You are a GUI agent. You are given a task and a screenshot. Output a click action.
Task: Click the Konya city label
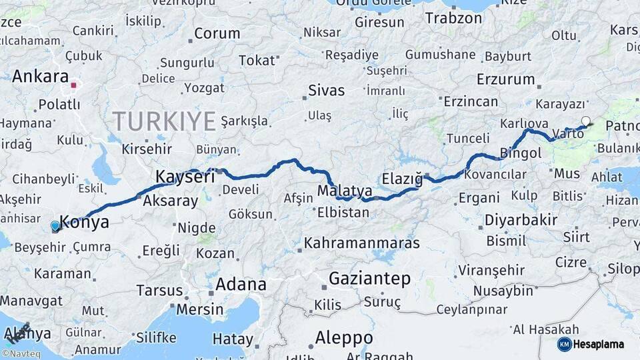pos(85,223)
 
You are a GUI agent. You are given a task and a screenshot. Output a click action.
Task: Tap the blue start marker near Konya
pos(55,226)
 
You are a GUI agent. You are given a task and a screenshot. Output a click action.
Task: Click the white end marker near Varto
pos(585,121)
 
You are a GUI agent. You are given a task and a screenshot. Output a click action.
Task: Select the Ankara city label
pos(41,76)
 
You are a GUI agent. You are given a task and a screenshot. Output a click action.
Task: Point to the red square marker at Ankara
pos(73,85)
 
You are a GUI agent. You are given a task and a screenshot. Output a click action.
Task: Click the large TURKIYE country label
pos(164,121)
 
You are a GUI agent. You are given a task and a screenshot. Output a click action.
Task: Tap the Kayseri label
pos(185,177)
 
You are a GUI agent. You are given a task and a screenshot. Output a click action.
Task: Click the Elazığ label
pos(403,179)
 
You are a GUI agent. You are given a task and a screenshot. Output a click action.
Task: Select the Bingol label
pos(521,153)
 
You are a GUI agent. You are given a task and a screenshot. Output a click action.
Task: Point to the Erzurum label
pos(506,79)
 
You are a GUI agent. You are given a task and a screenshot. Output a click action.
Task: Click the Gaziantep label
pos(369,279)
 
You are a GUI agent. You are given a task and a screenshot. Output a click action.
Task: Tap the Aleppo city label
pos(344,337)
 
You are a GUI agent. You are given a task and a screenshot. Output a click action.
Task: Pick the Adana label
pos(240,285)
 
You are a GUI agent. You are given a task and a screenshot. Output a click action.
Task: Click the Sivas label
pos(327,91)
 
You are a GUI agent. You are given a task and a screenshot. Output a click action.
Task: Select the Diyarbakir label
pos(511,220)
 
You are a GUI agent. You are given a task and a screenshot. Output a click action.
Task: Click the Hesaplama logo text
pos(600,344)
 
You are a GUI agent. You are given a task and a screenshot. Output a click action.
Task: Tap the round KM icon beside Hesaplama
pos(565,344)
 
